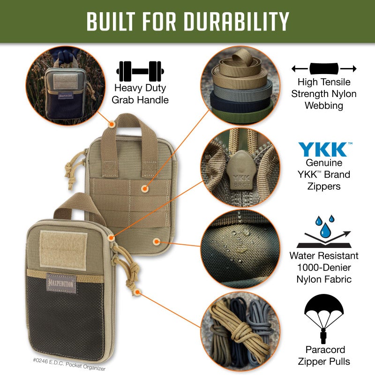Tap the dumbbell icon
139,71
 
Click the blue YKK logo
323,149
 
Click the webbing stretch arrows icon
323,69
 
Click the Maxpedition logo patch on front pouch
61,282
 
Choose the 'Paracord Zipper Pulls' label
324,355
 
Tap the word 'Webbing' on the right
324,106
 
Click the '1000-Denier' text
324,268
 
